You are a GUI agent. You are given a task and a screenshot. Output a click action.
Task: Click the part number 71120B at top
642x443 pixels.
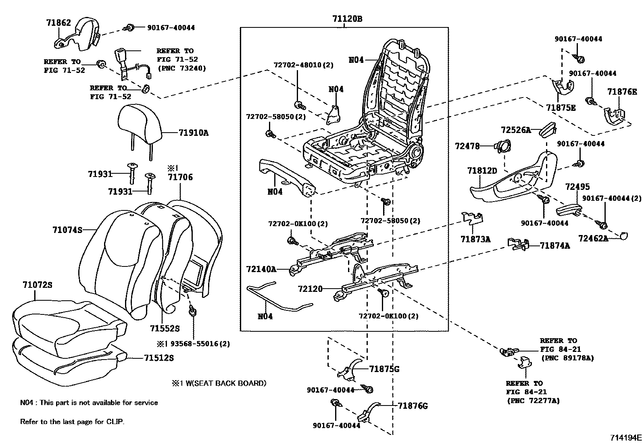point(347,19)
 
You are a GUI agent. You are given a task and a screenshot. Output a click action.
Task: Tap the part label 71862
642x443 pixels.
point(58,23)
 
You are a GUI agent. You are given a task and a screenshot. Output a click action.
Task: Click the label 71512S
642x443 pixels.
point(159,358)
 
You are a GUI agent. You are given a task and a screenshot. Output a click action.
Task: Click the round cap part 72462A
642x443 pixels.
point(623,236)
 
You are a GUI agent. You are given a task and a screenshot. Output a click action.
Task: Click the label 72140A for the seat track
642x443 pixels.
point(261,269)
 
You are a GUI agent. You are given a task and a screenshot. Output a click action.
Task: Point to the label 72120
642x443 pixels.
point(310,289)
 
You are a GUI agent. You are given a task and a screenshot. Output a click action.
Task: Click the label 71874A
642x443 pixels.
point(554,245)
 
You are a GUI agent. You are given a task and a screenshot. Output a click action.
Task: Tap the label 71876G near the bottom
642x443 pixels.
point(413,406)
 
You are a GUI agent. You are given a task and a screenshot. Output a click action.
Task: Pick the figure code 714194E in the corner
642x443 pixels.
point(625,437)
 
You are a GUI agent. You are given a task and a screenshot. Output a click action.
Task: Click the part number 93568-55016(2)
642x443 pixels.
point(200,344)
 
